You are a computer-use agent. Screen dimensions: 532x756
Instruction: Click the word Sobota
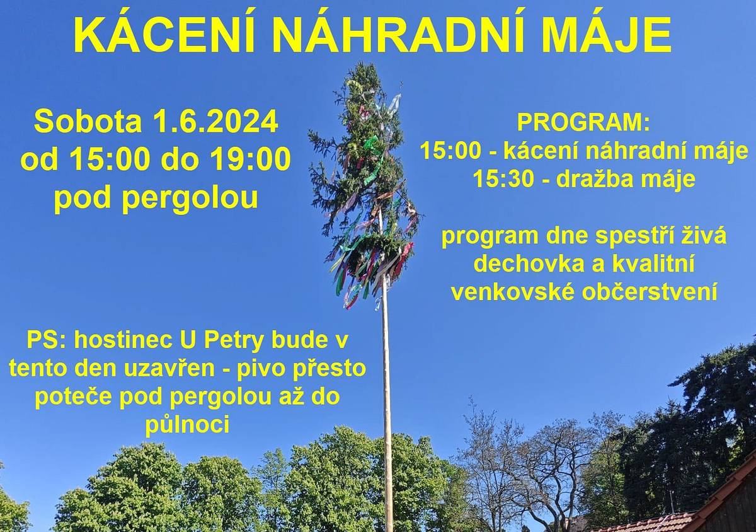point(88,122)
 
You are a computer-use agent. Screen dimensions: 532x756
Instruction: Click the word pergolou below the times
point(190,198)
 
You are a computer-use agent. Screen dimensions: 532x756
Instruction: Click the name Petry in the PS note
point(241,340)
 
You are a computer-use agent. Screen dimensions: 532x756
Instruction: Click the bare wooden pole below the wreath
point(386,391)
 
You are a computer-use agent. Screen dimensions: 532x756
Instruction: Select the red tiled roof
point(655,523)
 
